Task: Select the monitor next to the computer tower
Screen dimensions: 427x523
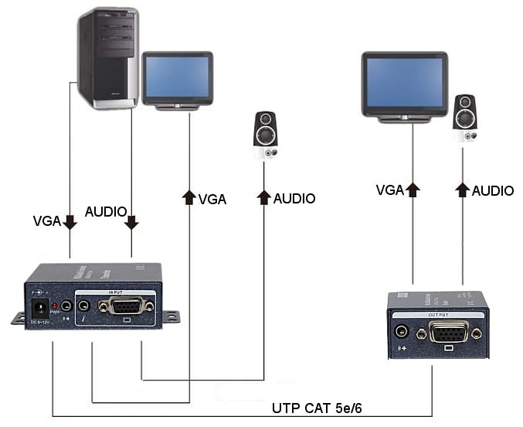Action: pos(177,78)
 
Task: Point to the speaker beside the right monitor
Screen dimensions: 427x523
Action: pos(465,118)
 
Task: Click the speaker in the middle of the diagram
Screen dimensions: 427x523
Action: pos(265,136)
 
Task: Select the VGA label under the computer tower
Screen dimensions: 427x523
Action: pos(46,221)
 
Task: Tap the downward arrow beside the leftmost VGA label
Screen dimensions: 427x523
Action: pos(70,222)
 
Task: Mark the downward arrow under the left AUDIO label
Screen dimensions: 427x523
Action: pos(131,222)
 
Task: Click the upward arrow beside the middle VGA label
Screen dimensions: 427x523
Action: pos(188,197)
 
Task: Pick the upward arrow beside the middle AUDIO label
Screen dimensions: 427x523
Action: pos(263,197)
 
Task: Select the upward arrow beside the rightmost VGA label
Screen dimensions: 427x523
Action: pos(413,189)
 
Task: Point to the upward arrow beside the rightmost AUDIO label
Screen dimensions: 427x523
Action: pos(463,189)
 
